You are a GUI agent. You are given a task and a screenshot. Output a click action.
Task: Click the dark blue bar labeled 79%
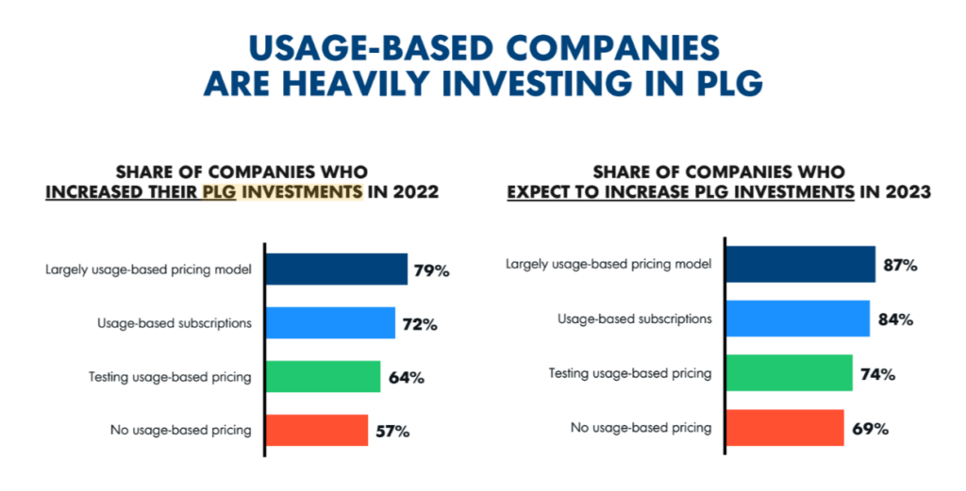point(336,270)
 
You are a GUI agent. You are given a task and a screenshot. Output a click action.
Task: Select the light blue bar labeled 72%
point(330,323)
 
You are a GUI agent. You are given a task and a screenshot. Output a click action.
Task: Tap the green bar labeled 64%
point(323,377)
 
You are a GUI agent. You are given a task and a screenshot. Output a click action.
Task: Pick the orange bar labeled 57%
point(316,431)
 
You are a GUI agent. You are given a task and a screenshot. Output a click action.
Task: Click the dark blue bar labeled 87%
point(800,265)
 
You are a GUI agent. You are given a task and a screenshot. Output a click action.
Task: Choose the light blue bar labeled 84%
point(797,319)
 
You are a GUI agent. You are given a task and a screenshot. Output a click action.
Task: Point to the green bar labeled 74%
point(789,373)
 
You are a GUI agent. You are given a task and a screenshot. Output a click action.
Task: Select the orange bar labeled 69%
point(784,428)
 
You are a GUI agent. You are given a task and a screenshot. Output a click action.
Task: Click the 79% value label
point(431,270)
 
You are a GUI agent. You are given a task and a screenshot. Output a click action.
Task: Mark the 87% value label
point(898,266)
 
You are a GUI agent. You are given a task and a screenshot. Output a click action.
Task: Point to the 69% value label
point(868,429)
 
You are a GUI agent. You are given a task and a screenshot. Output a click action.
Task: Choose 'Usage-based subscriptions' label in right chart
point(634,319)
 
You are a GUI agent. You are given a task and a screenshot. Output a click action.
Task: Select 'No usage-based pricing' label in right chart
point(641,428)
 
